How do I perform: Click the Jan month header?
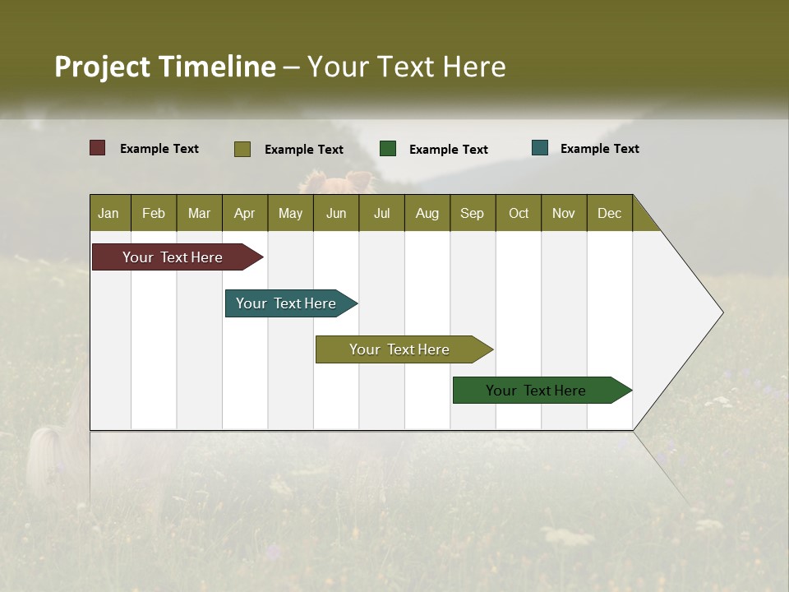[x=108, y=213]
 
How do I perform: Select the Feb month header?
[x=154, y=213]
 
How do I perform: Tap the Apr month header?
[x=244, y=213]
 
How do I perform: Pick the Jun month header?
[x=336, y=213]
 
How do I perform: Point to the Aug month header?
[x=427, y=213]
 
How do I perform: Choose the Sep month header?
[x=472, y=213]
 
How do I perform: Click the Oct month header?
[x=519, y=213]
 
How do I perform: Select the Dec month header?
[x=609, y=213]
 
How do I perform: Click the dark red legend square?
[x=98, y=148]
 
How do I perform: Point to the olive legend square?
[x=242, y=149]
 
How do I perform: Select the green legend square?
[x=388, y=148]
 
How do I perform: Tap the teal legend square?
[x=540, y=148]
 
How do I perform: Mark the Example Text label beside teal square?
[x=599, y=148]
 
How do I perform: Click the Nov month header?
[x=564, y=213]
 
